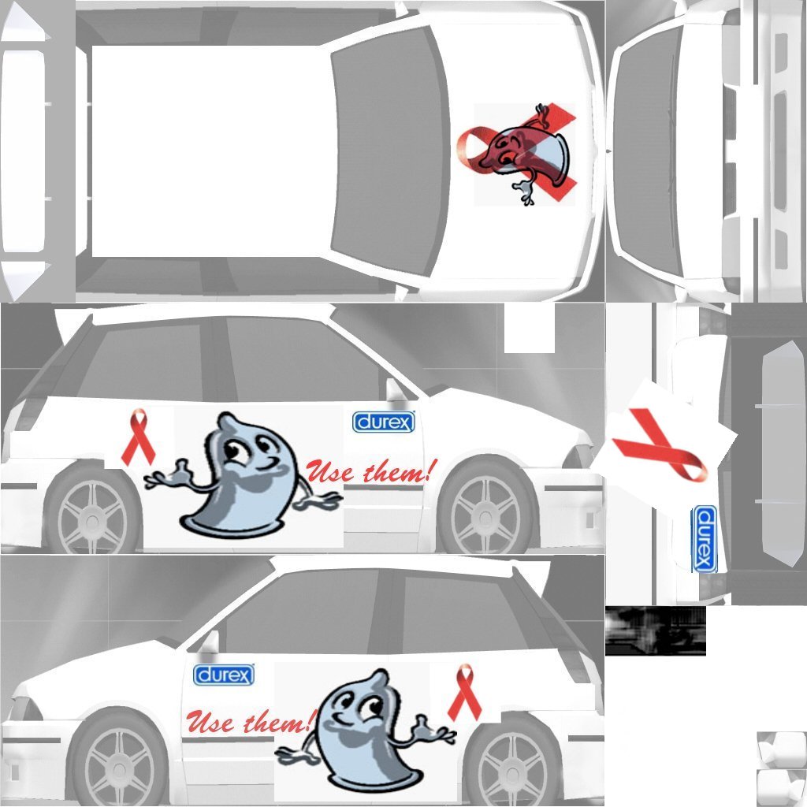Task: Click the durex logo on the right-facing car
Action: [x=384, y=422]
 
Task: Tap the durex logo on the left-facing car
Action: [x=224, y=675]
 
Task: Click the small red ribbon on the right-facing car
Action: [x=138, y=437]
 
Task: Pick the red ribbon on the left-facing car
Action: [x=465, y=692]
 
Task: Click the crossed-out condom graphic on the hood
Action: [x=517, y=154]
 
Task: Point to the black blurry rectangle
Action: [x=655, y=630]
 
